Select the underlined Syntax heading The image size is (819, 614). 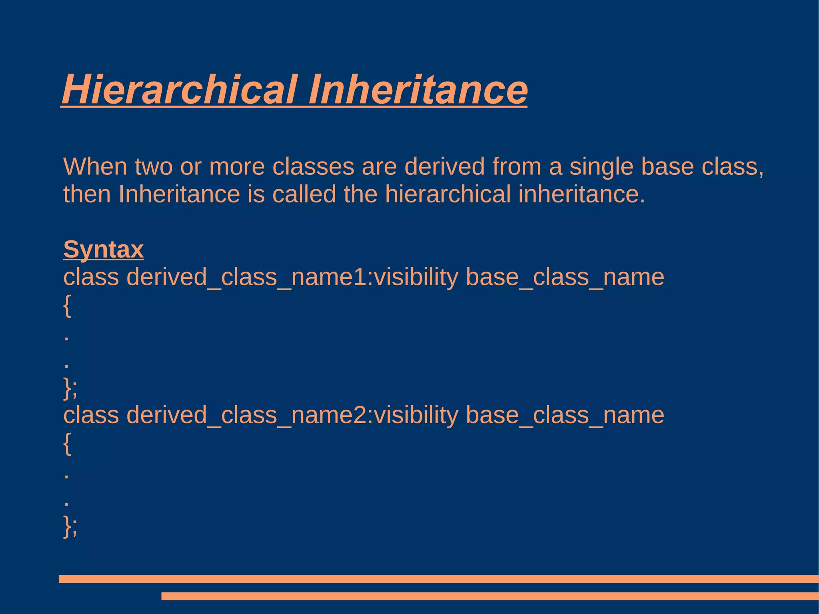tap(103, 250)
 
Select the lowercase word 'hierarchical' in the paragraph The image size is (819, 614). tap(448, 194)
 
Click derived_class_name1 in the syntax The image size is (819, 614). tap(246, 277)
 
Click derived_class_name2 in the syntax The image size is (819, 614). tap(246, 415)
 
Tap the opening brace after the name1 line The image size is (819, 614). tap(67, 306)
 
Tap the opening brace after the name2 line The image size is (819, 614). tap(67, 444)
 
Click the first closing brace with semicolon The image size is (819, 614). tap(70, 388)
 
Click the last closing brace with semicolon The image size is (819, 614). tap(70, 526)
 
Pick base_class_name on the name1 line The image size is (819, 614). tap(565, 277)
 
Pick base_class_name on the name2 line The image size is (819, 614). tap(565, 415)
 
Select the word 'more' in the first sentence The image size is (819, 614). tap(237, 166)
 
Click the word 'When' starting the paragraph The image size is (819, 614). tap(95, 166)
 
